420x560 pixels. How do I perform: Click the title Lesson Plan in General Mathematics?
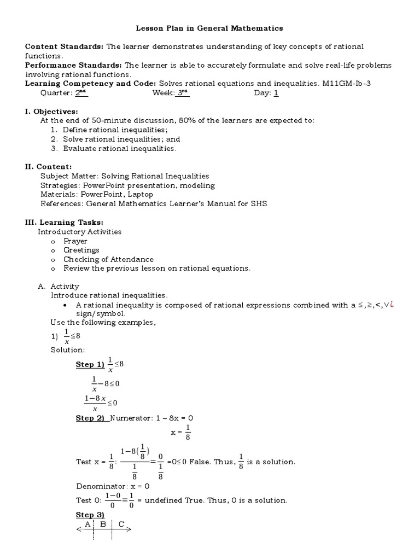click(209, 27)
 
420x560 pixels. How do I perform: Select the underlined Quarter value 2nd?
click(81, 93)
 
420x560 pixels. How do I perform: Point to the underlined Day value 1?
click(276, 93)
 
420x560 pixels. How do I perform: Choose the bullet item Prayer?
click(75, 241)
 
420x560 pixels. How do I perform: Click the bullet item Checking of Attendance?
click(108, 259)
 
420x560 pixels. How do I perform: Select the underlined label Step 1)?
click(90, 365)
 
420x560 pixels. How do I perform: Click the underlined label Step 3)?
click(90, 515)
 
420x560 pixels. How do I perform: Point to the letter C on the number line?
click(121, 524)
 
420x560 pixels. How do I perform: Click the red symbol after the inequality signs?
click(392, 305)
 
